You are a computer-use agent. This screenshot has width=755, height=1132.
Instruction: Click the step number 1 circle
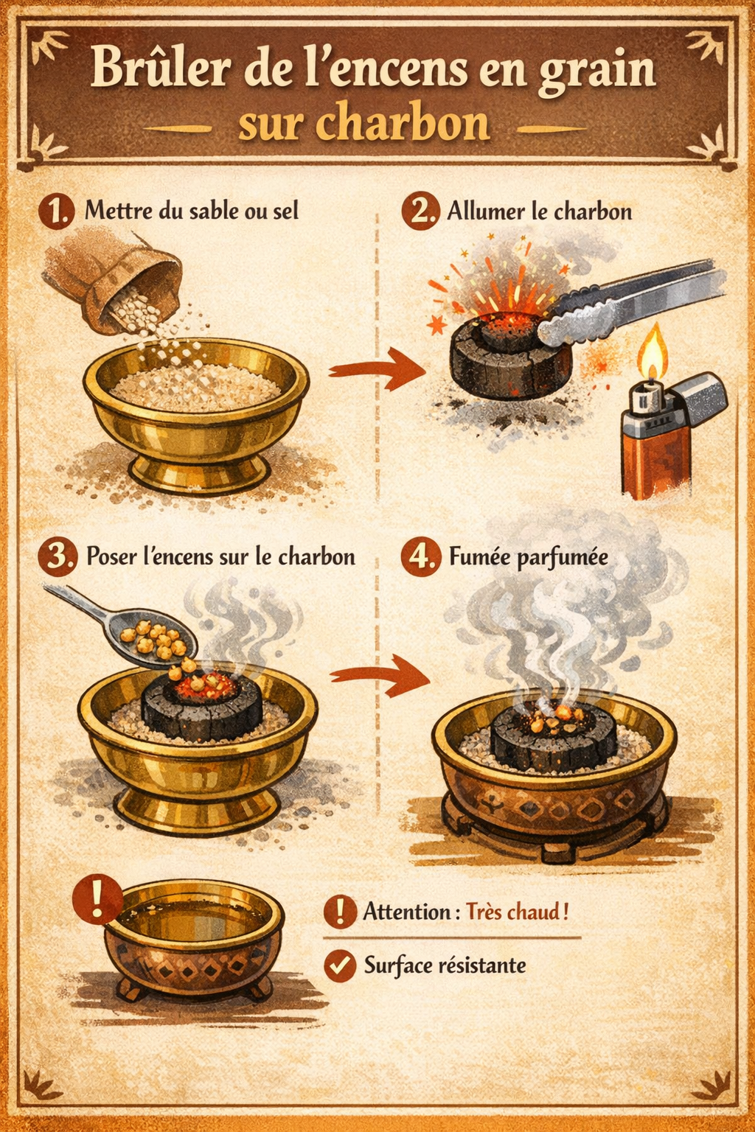pos(55,212)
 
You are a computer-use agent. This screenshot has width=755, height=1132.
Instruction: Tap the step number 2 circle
pos(420,212)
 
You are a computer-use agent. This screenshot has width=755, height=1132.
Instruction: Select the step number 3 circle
pos(57,557)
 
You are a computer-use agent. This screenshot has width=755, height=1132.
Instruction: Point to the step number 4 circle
pos(420,557)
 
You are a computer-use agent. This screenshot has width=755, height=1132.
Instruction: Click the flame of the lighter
pos(653,352)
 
